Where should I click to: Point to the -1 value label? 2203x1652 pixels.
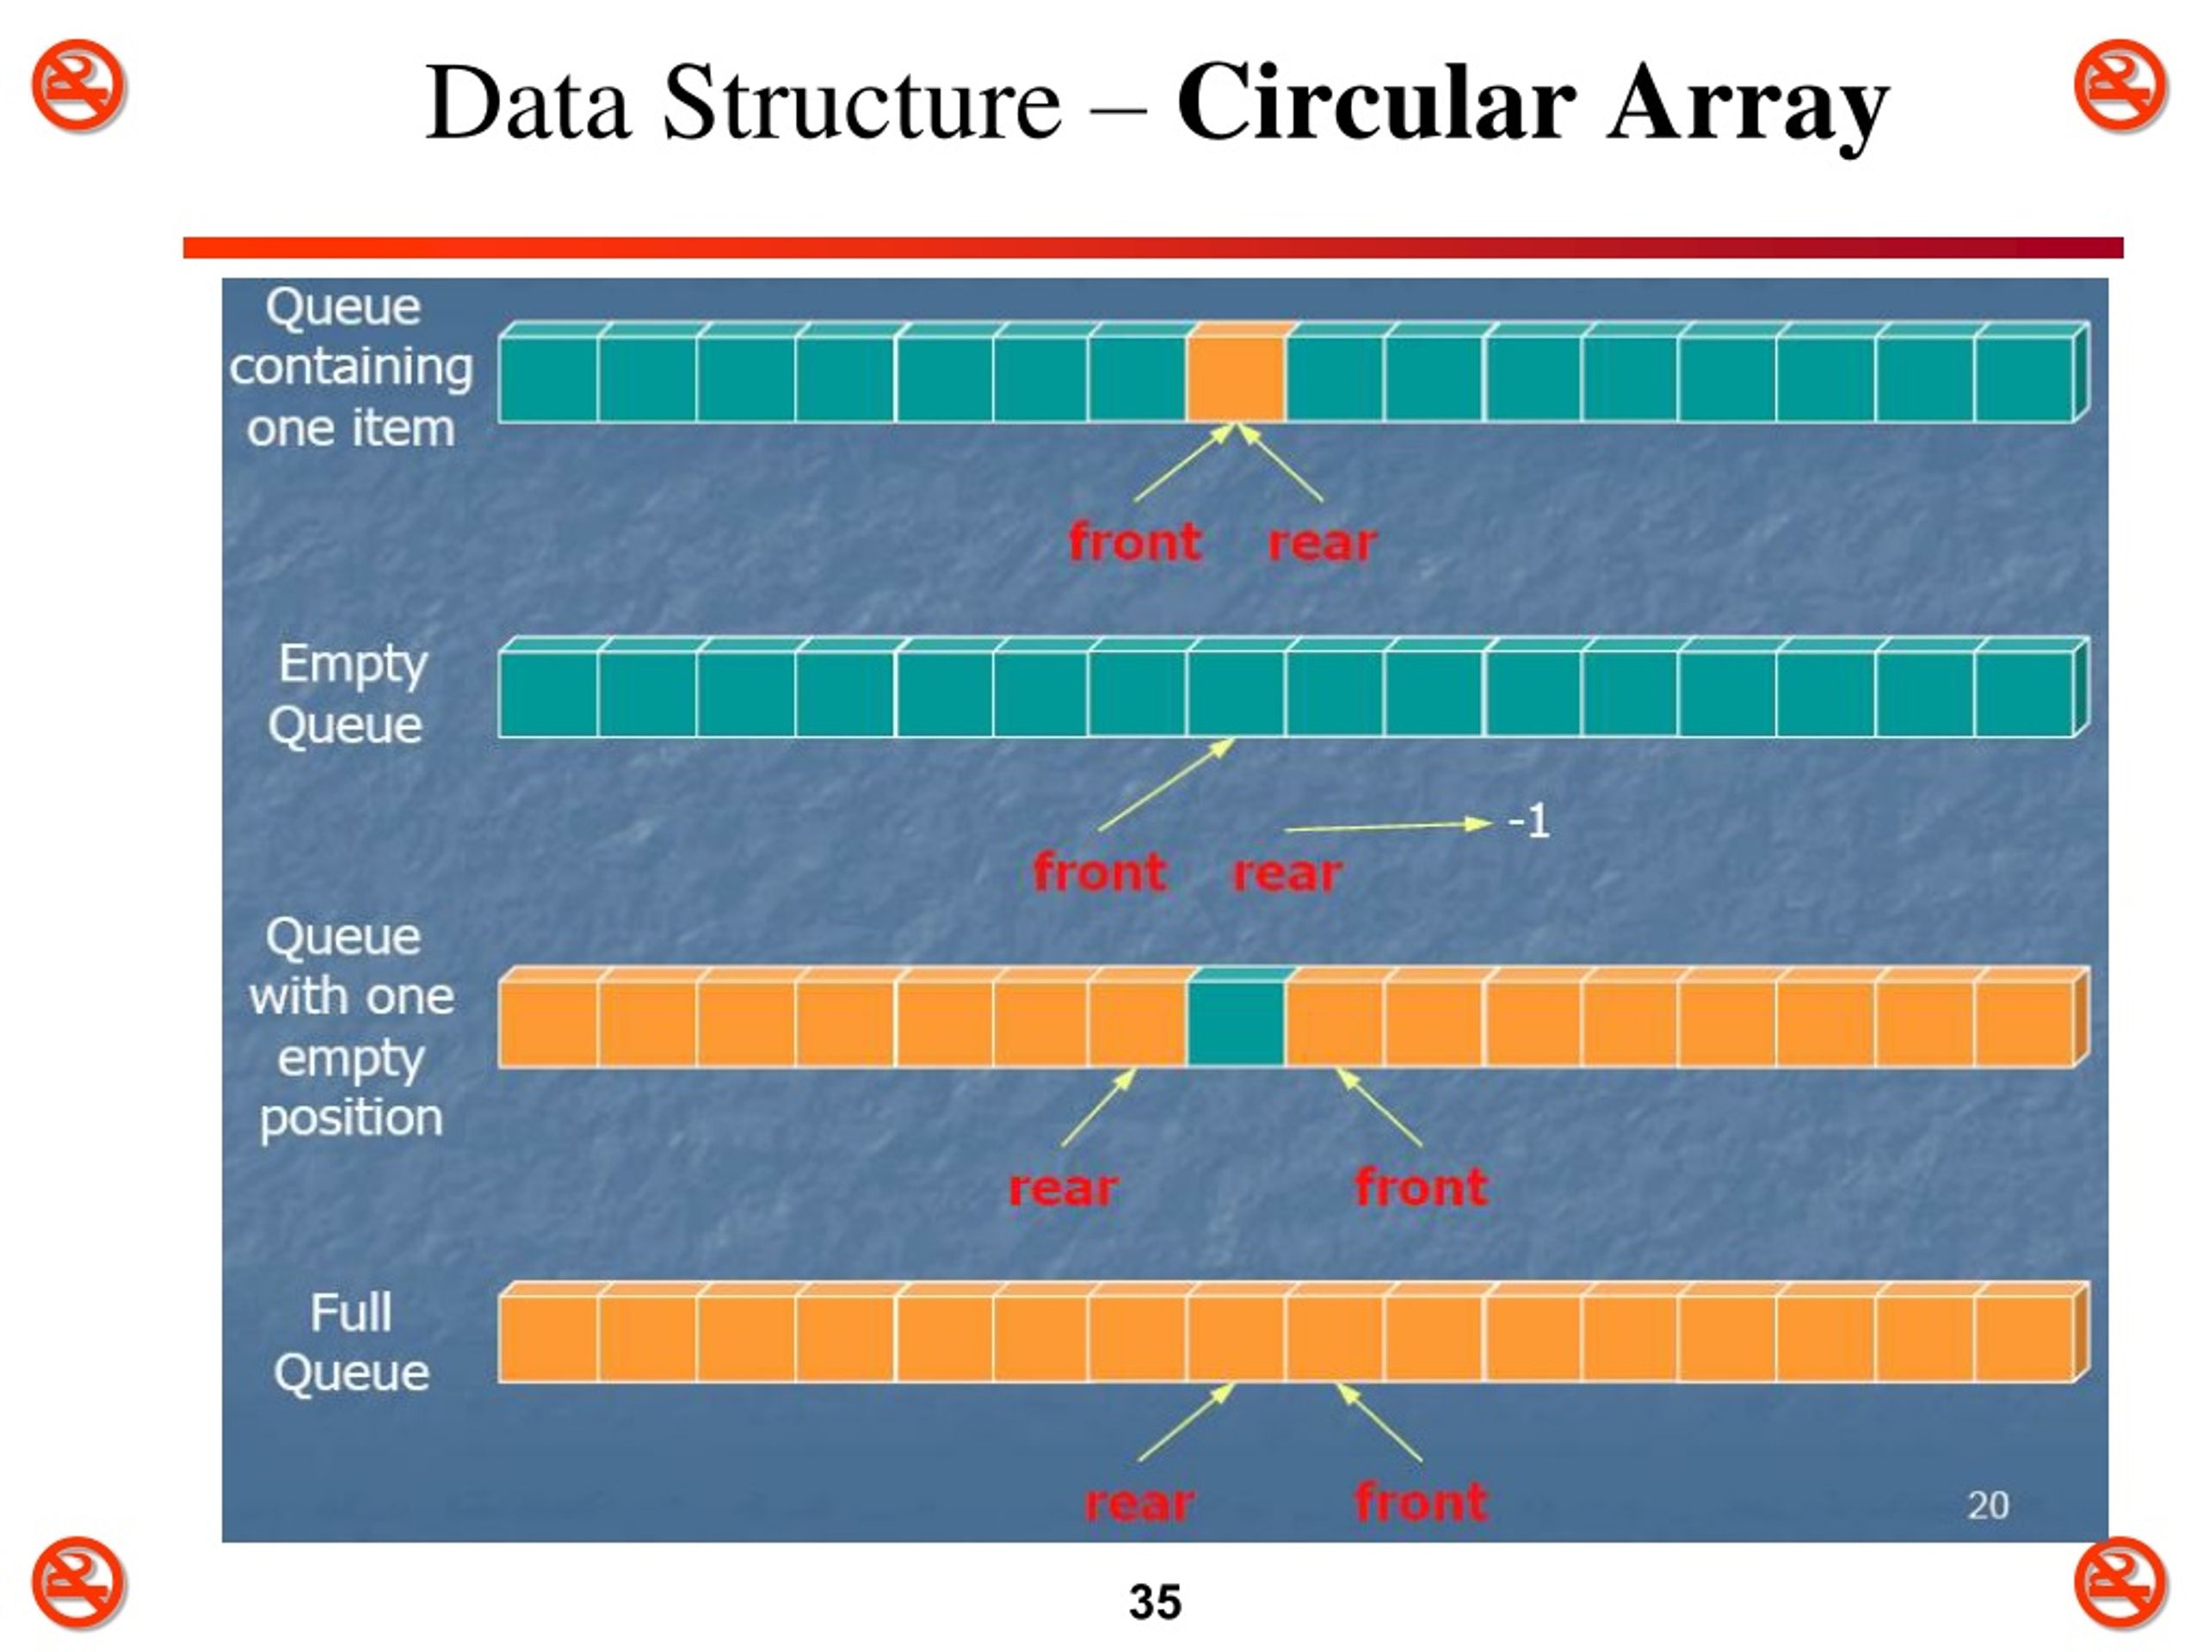tap(1528, 823)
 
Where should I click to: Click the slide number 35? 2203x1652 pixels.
tap(1155, 1602)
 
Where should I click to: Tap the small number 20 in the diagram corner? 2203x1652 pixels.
tap(1988, 1505)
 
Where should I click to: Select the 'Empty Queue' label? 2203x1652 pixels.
tap(349, 695)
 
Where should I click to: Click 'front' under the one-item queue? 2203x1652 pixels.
tap(1135, 543)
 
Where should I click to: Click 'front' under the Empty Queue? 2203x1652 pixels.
tap(1100, 872)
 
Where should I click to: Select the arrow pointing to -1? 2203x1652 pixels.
tap(1388, 825)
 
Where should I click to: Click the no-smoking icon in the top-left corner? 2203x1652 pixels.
tap(77, 86)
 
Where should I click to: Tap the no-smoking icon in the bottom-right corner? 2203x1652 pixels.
tap(2121, 1583)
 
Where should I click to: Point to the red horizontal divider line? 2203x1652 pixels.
tap(1153, 248)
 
